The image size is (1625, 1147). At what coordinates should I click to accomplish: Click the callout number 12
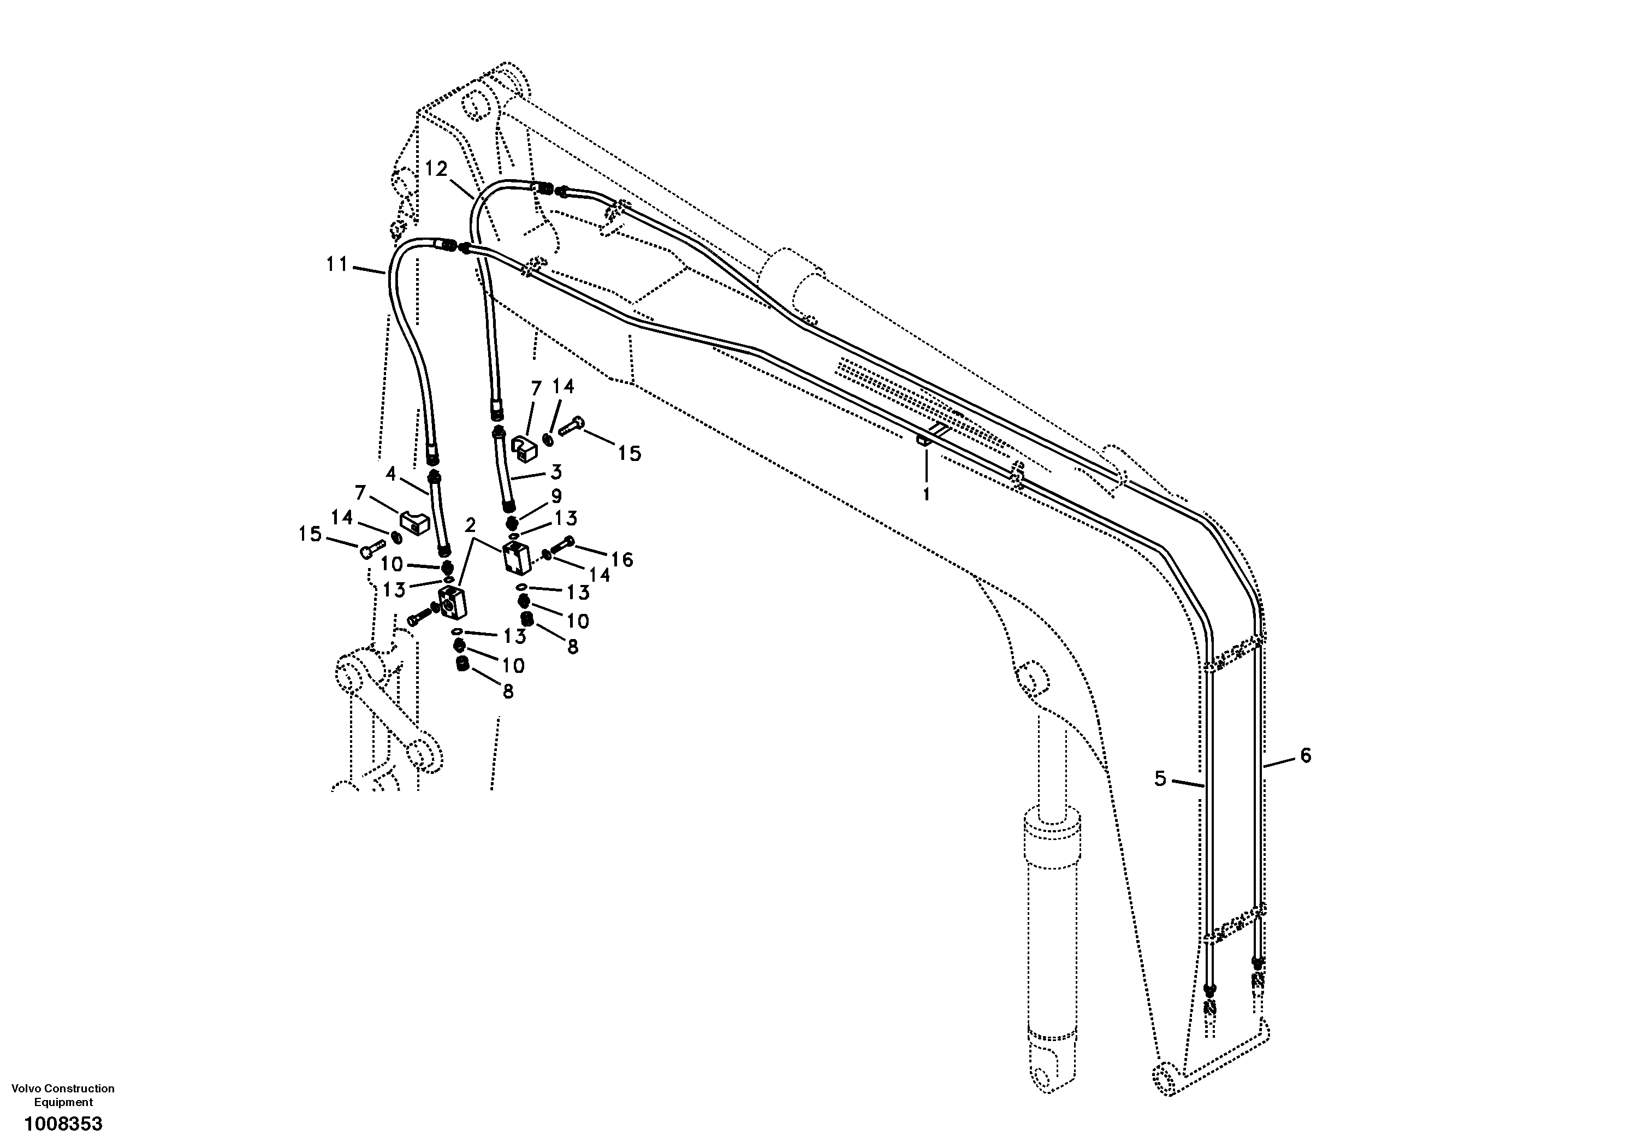pos(437,169)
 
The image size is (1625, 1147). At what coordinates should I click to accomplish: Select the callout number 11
pos(337,264)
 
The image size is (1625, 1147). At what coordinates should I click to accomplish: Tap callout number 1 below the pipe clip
pos(927,494)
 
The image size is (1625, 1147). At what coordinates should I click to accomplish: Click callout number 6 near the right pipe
pos(1306,755)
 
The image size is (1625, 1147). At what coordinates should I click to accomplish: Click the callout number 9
pos(556,495)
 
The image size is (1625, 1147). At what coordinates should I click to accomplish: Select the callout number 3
pos(556,471)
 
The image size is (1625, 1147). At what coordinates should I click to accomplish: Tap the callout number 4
pos(390,473)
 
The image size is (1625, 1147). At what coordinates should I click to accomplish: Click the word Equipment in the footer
pos(64,1102)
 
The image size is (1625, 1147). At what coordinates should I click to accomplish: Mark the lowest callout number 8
pos(507,691)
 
